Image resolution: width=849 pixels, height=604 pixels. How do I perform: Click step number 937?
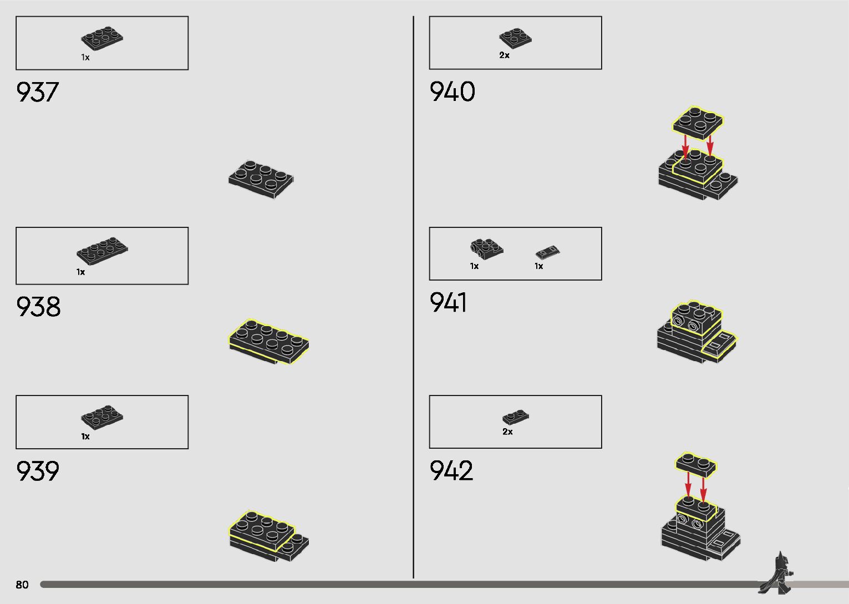37,92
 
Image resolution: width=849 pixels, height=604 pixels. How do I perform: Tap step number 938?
38,307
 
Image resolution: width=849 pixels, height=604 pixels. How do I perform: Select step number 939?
38,471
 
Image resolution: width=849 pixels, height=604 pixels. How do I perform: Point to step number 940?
452,92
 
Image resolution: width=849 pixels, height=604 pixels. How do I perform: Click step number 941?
448,303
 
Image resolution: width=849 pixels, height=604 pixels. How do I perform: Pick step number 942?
451,471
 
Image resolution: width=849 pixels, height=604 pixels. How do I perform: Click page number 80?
22,585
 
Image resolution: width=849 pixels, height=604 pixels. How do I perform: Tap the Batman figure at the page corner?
777,573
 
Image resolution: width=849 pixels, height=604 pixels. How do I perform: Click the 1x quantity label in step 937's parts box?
85,58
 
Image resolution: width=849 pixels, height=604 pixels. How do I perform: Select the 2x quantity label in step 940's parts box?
504,55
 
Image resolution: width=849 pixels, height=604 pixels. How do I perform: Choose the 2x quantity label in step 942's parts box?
507,432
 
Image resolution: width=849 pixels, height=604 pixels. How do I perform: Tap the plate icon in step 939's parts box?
102,417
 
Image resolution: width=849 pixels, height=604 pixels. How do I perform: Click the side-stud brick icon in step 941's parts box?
486,248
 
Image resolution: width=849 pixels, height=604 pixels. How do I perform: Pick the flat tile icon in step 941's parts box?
547,252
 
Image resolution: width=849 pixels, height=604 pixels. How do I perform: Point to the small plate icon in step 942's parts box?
516,417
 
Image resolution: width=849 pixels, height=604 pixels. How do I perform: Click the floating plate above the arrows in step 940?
698,122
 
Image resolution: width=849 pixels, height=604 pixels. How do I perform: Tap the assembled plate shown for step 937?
261,179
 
